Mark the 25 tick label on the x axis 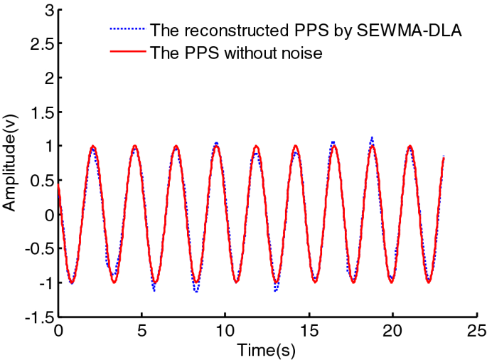click(x=477, y=331)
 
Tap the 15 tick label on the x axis click(x=309, y=331)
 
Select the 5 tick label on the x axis click(x=142, y=331)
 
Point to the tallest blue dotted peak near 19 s click(x=371, y=137)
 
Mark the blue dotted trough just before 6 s click(x=154, y=290)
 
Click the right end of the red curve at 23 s click(x=444, y=157)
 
